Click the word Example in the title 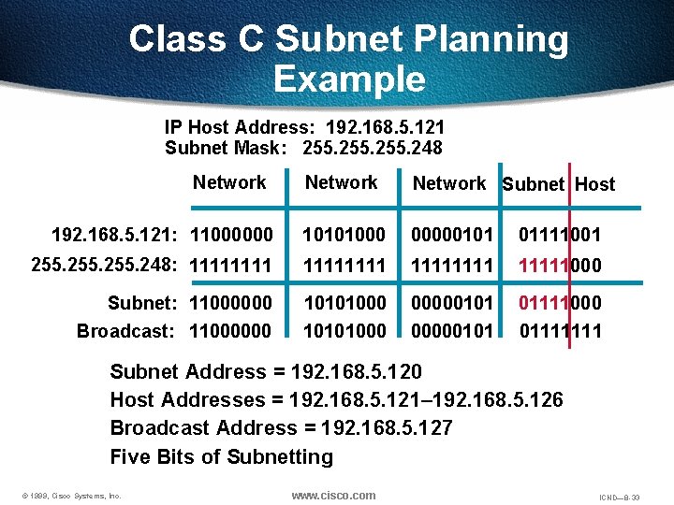349,79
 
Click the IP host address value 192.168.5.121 385,126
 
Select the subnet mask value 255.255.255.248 373,148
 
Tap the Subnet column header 533,184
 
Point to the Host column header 595,184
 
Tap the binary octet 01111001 561,231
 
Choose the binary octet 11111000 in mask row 561,266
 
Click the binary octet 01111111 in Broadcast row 561,331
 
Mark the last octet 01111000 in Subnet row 561,303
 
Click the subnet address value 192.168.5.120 357,372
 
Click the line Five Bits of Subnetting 222,457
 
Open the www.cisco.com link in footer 333,495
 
